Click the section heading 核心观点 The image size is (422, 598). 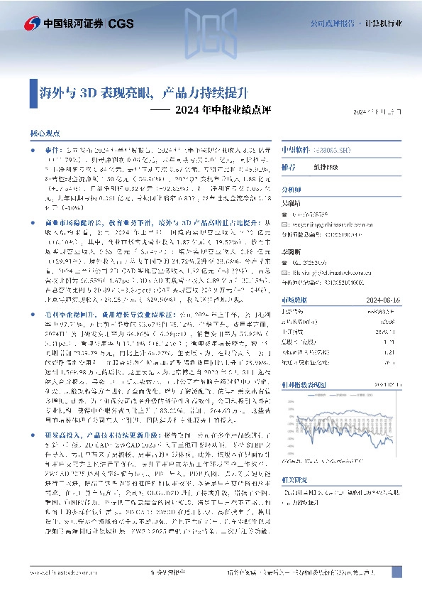pyautogui.click(x=45, y=133)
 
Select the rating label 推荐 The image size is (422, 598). pyautogui.click(x=289, y=168)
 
